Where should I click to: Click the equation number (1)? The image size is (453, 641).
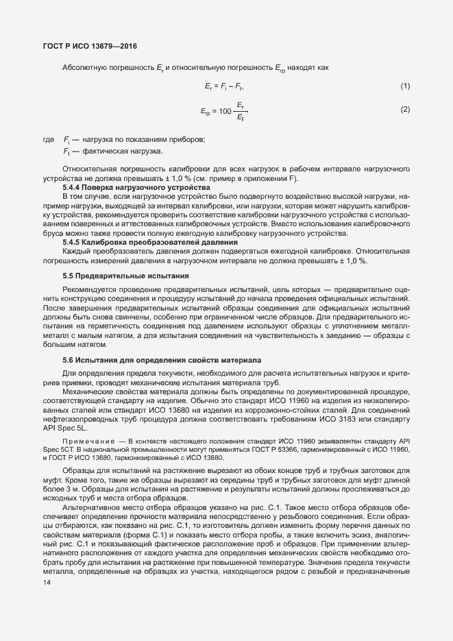tap(405, 86)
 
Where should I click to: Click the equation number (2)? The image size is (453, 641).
tap(405, 109)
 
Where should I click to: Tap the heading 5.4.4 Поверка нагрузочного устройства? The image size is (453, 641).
tap(136, 187)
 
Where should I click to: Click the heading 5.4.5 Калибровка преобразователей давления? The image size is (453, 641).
tap(150, 242)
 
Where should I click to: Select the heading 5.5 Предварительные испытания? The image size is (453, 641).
tap(125, 276)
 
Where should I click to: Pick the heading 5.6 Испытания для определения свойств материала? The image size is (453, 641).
tap(161, 360)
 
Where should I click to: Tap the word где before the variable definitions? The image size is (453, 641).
tap(48, 140)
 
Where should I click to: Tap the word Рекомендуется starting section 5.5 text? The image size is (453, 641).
tap(88, 289)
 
